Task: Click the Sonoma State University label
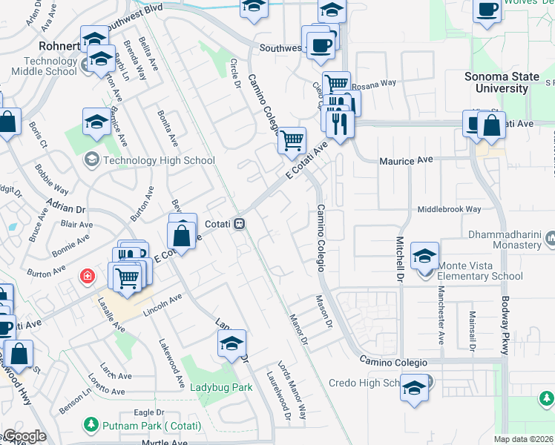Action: pos(496,82)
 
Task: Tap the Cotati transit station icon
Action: pos(239,222)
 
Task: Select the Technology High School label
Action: pos(160,160)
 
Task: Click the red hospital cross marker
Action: pos(88,277)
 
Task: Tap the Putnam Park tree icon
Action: pos(91,424)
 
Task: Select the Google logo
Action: pos(24,436)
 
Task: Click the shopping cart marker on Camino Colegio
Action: pos(292,139)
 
